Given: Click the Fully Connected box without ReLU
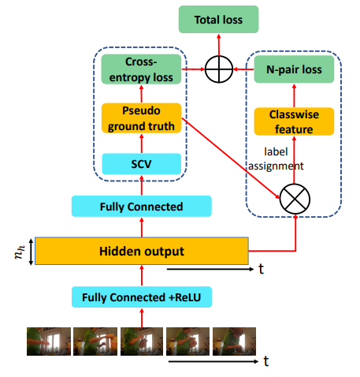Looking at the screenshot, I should [142, 207].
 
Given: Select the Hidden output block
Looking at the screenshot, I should [142, 251].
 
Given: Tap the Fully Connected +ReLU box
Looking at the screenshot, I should [142, 297].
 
